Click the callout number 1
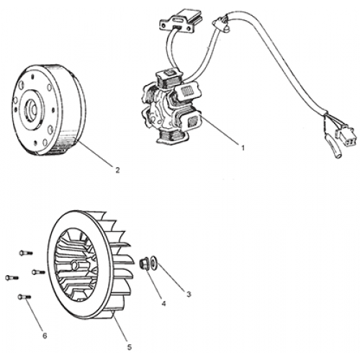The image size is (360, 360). click(243, 148)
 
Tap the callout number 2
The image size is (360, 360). click(117, 169)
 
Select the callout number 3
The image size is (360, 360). click(189, 294)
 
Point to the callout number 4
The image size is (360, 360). click(163, 303)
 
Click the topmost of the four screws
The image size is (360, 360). click(23, 251)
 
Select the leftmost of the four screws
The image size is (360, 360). click(11, 277)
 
